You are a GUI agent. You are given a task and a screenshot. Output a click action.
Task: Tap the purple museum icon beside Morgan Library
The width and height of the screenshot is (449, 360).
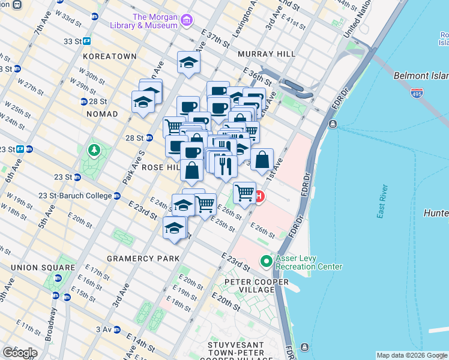point(187,22)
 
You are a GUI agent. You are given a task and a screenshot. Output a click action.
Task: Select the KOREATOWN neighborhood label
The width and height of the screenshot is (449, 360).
point(111,56)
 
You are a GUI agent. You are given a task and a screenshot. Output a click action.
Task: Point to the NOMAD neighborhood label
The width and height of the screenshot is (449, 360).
point(103,114)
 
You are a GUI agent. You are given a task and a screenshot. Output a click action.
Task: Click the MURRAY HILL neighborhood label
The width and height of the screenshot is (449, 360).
point(267,54)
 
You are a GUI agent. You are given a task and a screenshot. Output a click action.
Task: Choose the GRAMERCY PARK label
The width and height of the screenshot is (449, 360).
point(143,259)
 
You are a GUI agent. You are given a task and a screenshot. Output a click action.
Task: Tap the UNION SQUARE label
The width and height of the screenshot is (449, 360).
point(38,267)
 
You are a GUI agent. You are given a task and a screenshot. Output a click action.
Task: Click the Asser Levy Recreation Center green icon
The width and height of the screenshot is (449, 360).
point(266,262)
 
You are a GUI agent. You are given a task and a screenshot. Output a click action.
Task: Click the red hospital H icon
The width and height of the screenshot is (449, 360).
point(259,196)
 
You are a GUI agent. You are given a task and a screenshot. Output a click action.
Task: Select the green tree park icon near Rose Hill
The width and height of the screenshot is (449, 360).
point(94,149)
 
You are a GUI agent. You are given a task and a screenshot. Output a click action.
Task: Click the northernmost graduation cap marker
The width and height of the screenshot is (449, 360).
point(188,62)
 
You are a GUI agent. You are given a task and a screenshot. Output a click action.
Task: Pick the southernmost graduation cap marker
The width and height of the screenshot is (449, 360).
point(175,228)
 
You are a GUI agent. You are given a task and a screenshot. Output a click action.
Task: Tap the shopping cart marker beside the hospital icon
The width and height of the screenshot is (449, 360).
point(244,193)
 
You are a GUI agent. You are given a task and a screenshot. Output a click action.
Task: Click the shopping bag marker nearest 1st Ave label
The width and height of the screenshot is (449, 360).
point(262,160)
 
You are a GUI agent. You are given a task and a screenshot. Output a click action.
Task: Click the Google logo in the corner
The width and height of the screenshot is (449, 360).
point(20,353)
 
